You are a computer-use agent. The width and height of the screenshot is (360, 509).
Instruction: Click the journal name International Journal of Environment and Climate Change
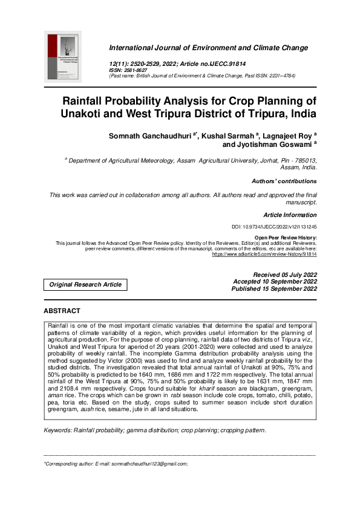pyautogui.click(x=208, y=48)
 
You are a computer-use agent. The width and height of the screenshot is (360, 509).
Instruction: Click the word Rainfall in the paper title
pyautogui.click(x=91, y=100)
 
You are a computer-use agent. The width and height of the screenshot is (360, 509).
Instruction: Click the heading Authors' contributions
pyautogui.click(x=284, y=181)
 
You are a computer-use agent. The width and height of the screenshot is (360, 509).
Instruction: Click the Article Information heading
pyautogui.click(x=290, y=215)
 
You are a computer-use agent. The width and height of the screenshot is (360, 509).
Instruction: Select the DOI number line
pyautogui.click(x=274, y=227)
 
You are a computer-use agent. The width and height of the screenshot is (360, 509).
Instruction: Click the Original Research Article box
pyautogui.click(x=85, y=284)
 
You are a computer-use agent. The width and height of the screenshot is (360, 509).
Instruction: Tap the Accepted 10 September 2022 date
pyautogui.click(x=275, y=282)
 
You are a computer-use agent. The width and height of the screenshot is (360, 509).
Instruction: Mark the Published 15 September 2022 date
pyautogui.click(x=274, y=289)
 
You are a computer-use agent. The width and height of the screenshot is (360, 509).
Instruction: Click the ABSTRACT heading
pyautogui.click(x=62, y=311)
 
